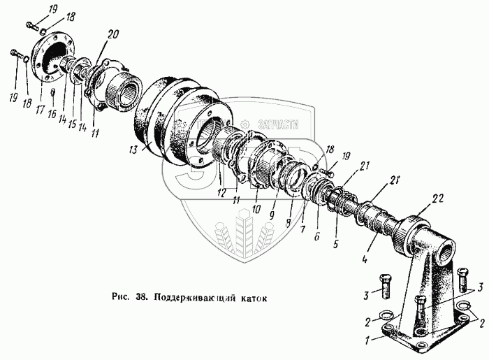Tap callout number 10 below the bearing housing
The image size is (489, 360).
[256, 210]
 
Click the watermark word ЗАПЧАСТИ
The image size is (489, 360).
[279, 124]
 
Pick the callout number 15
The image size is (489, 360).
[72, 110]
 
